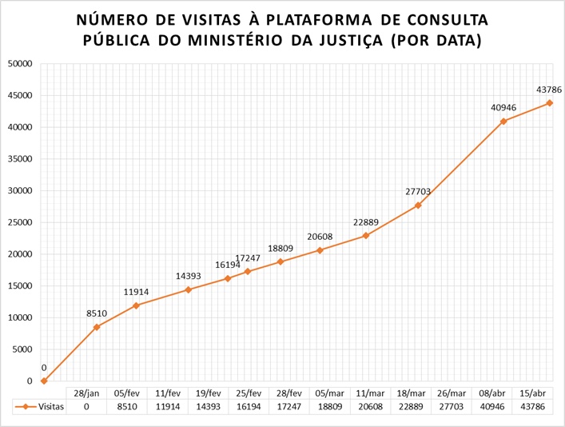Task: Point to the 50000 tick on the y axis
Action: click(19, 63)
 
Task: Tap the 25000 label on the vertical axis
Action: click(19, 222)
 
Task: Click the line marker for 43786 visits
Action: click(550, 103)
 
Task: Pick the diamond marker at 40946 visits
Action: click(503, 122)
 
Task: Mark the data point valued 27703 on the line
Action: click(418, 206)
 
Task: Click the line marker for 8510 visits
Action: click(97, 327)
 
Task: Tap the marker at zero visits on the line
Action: click(44, 381)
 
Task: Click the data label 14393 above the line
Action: click(189, 276)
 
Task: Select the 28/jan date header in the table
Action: click(86, 393)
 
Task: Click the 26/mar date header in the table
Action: click(451, 393)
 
